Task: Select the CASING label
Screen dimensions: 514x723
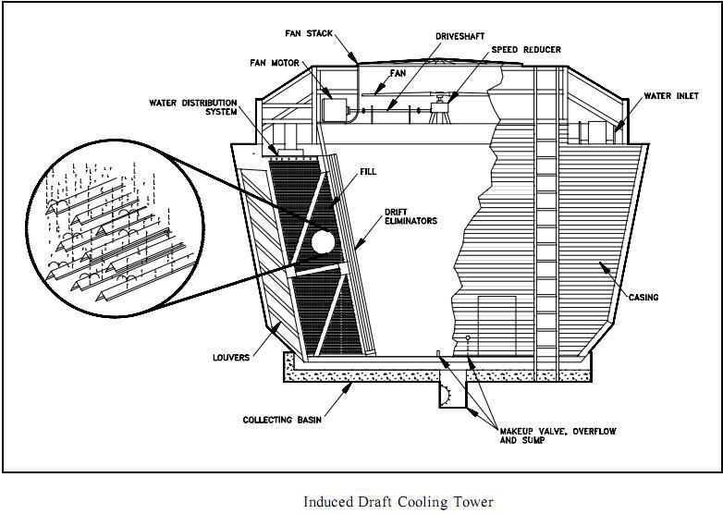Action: pyautogui.click(x=643, y=297)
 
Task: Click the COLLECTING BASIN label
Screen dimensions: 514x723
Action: pyautogui.click(x=282, y=420)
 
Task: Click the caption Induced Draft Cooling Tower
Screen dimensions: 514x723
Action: pyautogui.click(x=398, y=502)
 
